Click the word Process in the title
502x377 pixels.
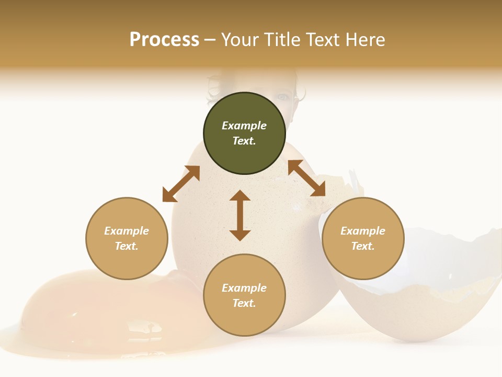click(164, 40)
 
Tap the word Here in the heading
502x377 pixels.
click(365, 40)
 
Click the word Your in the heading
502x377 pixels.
click(240, 40)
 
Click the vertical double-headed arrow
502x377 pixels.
click(240, 215)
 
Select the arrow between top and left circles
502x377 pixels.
click(181, 184)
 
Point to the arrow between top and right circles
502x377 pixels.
click(307, 179)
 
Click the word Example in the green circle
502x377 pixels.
click(244, 126)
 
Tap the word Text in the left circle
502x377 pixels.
click(127, 246)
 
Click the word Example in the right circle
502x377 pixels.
click(363, 231)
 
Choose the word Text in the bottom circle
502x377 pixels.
click(244, 303)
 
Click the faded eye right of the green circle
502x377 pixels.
click(282, 97)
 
